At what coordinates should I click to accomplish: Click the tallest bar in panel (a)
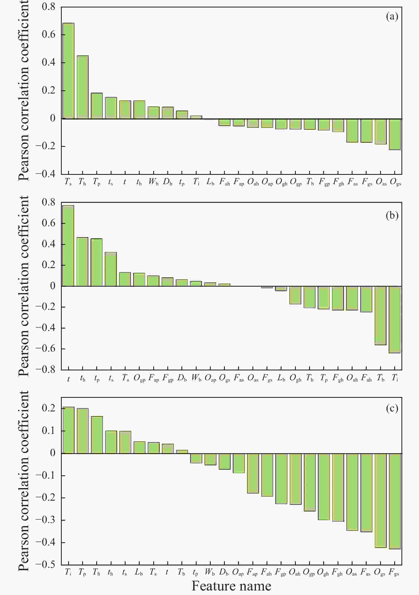point(68,71)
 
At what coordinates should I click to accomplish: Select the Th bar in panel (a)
point(83,87)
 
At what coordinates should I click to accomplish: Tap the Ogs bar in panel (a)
point(395,134)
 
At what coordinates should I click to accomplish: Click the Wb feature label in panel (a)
point(154,182)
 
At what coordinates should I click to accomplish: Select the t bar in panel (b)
point(68,246)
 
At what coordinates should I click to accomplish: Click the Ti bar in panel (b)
point(395,319)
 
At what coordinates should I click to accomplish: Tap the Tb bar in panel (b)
point(380,315)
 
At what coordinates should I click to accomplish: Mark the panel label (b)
point(392,215)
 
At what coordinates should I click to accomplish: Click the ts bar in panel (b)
point(111,269)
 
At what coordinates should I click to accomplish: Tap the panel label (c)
point(392,408)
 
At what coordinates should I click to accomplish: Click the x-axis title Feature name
point(231,586)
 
